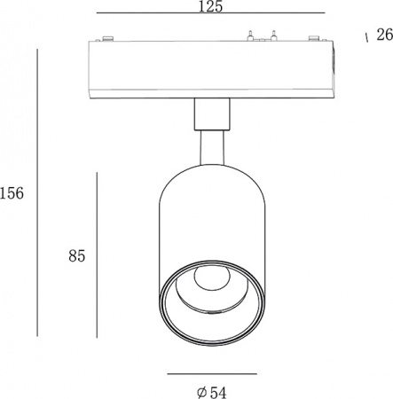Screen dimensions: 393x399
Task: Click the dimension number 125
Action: coord(210,6)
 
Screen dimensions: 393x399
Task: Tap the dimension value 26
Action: coord(384,35)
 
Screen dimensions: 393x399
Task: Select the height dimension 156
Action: coord(12,193)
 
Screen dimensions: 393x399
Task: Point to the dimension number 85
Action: coord(77,255)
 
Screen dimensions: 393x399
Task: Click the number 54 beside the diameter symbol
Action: coord(218,393)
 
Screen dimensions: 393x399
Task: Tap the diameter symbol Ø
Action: coord(201,393)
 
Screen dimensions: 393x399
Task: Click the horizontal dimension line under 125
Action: coord(211,13)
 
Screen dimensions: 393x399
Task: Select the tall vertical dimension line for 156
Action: coord(37,192)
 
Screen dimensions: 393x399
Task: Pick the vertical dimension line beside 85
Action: coord(97,255)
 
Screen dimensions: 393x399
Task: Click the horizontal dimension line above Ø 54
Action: coord(212,374)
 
